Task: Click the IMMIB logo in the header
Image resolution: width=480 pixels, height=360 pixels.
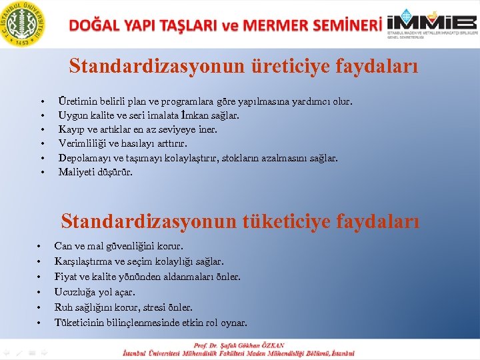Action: coord(433,24)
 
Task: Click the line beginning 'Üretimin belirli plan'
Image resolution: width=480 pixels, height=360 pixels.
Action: coord(205,102)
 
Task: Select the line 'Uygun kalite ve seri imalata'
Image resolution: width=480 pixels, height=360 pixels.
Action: coord(149,116)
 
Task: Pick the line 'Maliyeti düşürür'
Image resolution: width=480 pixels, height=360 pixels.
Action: coord(95,172)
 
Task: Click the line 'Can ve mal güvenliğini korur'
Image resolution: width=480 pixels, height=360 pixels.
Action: coord(119,247)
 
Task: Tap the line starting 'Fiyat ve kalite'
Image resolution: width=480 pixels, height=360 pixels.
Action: coord(147,277)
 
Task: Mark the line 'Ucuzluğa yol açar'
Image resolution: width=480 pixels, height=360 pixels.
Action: coord(95,292)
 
